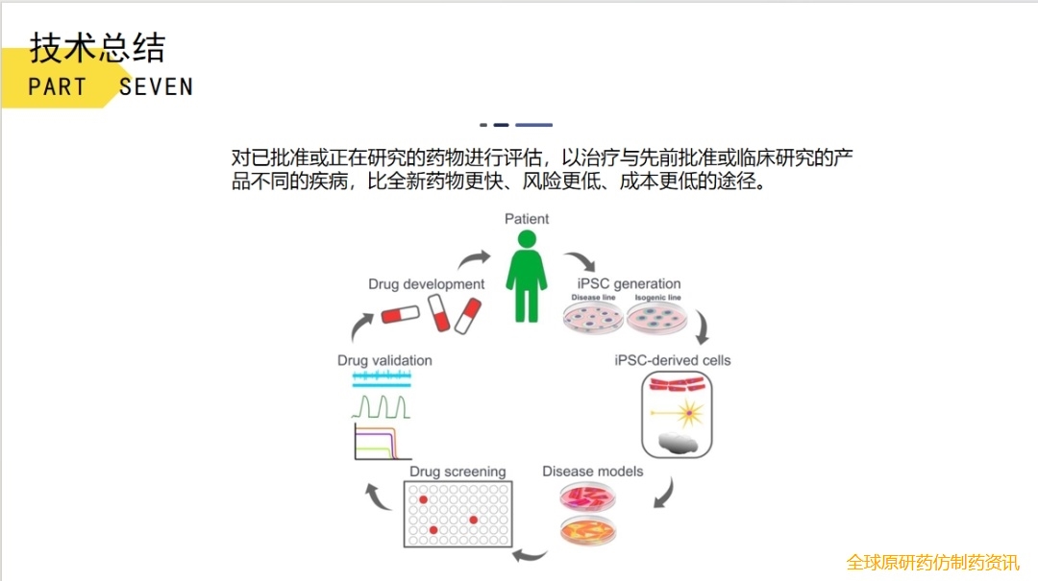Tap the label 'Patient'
point(527,219)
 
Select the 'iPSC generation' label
point(629,283)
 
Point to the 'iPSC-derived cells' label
point(672,360)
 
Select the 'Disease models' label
point(592,472)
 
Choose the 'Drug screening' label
point(457,472)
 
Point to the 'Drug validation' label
point(384,360)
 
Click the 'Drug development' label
point(426,284)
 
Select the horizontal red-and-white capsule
point(400,314)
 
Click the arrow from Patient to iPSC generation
point(579,262)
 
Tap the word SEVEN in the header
point(156,86)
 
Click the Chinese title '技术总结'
point(97,47)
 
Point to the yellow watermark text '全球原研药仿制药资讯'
point(932,562)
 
